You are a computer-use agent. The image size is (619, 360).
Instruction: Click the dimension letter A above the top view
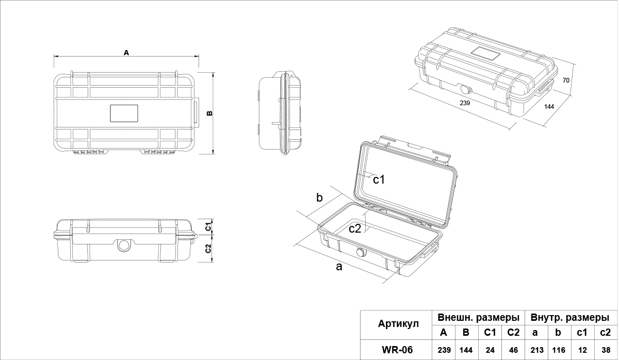click(126, 52)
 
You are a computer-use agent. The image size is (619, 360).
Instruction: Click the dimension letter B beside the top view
click(209, 113)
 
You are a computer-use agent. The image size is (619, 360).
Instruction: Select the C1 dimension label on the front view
click(208, 226)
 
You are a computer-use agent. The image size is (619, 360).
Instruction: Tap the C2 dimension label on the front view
click(208, 249)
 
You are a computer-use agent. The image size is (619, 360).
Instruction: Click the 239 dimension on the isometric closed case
click(465, 103)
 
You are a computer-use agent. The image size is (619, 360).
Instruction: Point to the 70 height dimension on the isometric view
click(566, 80)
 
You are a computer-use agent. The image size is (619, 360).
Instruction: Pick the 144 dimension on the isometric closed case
click(549, 107)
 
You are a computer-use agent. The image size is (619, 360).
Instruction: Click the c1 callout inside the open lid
click(379, 179)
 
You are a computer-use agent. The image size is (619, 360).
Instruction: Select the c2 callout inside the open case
click(355, 228)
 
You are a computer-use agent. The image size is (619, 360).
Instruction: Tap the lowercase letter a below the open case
click(339, 267)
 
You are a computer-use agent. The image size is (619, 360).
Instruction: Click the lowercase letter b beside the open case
click(319, 198)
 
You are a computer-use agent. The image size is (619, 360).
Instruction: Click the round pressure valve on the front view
click(124, 246)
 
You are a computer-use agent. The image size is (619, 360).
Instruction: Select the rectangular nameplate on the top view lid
click(124, 113)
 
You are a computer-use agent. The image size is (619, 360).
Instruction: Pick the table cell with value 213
click(536, 350)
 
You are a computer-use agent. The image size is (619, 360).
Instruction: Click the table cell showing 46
click(513, 350)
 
